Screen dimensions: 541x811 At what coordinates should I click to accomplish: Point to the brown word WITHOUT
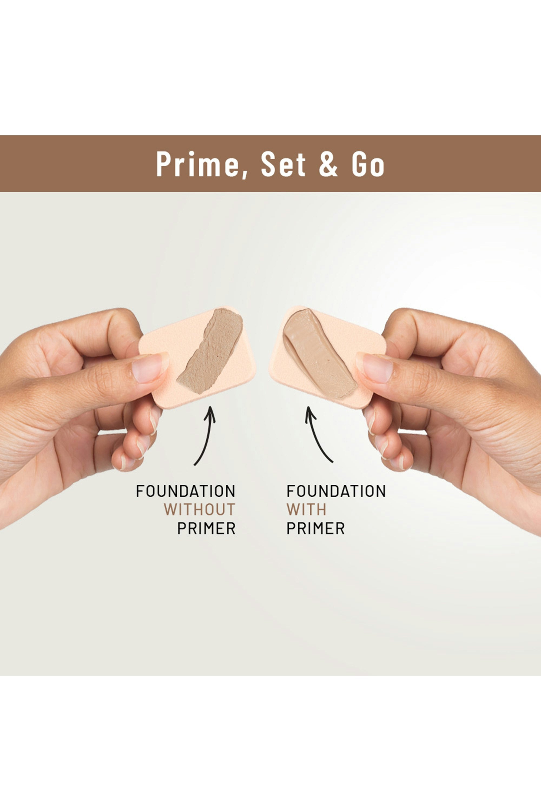[199, 509]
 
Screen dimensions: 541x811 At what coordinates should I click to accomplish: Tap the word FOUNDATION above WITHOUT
[186, 491]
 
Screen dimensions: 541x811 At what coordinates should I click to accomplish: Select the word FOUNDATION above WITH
[336, 491]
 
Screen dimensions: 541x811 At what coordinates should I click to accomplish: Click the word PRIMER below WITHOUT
[206, 528]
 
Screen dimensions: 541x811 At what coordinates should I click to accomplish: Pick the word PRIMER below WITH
[316, 528]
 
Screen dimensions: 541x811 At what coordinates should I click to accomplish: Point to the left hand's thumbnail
[148, 368]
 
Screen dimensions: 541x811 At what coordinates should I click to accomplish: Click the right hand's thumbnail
[377, 368]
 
